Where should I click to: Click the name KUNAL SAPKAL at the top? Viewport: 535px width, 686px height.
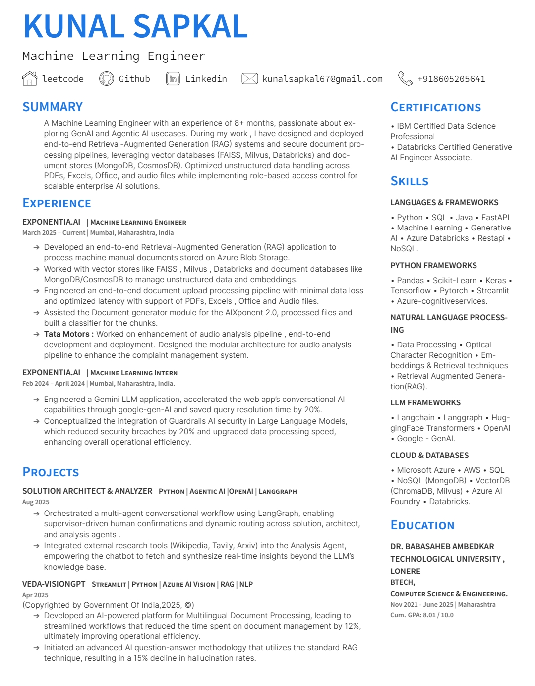(135, 26)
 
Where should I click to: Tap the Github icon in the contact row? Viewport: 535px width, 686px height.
(107, 78)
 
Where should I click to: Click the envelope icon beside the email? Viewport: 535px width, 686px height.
(249, 78)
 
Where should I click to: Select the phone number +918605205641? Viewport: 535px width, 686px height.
(451, 79)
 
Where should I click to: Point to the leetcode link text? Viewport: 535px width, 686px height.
(62, 79)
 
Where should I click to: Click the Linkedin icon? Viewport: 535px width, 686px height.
(173, 78)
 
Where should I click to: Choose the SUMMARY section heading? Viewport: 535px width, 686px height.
(53, 107)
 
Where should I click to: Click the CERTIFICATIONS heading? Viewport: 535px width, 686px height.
(435, 107)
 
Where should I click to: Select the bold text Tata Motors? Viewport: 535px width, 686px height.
(67, 334)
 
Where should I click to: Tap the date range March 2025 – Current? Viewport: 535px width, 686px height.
(54, 233)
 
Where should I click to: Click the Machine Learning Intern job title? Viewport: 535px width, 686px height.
(134, 373)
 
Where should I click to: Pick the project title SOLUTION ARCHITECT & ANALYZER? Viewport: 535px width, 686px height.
(87, 491)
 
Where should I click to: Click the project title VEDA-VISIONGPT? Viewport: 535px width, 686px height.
(54, 584)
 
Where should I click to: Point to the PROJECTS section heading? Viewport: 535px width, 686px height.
(51, 472)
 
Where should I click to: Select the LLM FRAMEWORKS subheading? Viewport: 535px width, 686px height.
(425, 403)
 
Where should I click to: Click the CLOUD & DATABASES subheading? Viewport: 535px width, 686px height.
(429, 456)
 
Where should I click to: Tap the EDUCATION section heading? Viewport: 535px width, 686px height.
(422, 525)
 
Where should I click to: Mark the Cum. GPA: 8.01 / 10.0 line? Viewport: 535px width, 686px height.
(422, 615)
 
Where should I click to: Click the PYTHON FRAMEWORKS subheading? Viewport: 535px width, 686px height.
(433, 266)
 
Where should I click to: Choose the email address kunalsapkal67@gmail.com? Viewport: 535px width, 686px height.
(322, 79)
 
